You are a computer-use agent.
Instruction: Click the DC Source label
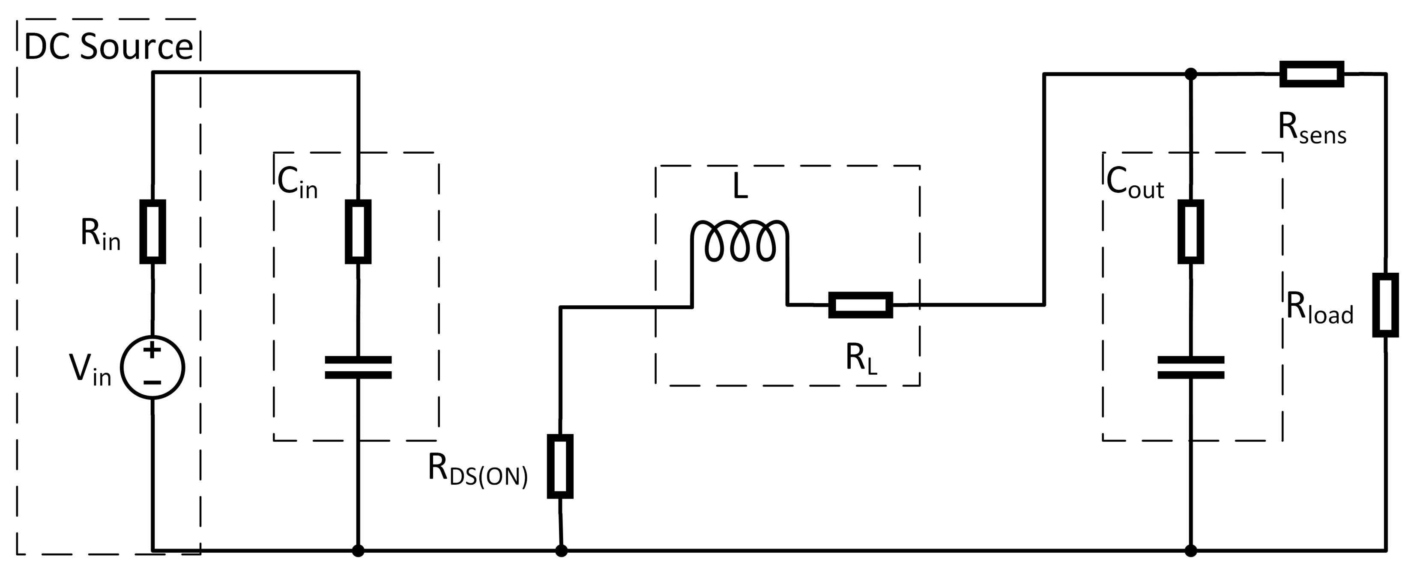point(108,47)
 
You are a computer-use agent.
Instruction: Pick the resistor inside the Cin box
point(358,232)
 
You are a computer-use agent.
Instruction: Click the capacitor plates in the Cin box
point(358,367)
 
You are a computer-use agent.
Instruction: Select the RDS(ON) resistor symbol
point(560,466)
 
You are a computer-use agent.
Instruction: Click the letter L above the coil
point(740,188)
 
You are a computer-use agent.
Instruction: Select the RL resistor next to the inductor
point(861,305)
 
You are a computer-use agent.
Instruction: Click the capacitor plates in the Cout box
point(1190,367)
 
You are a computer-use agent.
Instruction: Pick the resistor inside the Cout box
point(1190,232)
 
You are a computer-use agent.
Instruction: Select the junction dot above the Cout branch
point(1190,74)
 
